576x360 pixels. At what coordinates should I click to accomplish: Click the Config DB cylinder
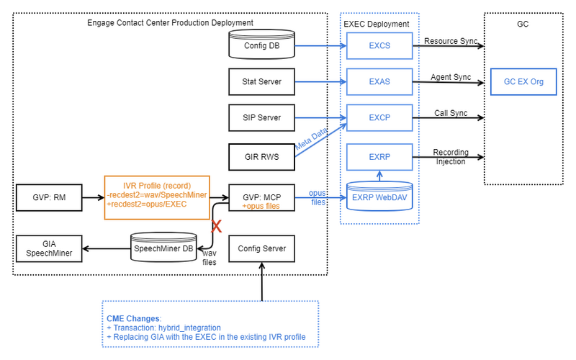261,45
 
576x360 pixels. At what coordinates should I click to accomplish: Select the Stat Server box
261,81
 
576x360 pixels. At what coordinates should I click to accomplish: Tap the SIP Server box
261,117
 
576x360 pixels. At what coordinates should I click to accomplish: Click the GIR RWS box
261,156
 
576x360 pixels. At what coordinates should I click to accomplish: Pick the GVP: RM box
48,195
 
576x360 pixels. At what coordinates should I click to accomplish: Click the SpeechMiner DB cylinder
163,248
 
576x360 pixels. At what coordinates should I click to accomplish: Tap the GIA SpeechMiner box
48,248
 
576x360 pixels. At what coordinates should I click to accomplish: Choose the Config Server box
261,248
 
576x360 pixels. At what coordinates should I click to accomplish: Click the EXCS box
379,46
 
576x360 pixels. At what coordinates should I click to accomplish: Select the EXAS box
379,81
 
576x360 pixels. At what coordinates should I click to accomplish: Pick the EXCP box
379,117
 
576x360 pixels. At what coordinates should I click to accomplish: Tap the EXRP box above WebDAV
379,156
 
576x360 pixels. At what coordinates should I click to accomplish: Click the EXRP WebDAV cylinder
379,196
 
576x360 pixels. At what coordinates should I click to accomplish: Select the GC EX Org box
523,81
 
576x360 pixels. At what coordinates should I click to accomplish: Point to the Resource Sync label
450,41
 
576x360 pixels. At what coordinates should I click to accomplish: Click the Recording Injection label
450,156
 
